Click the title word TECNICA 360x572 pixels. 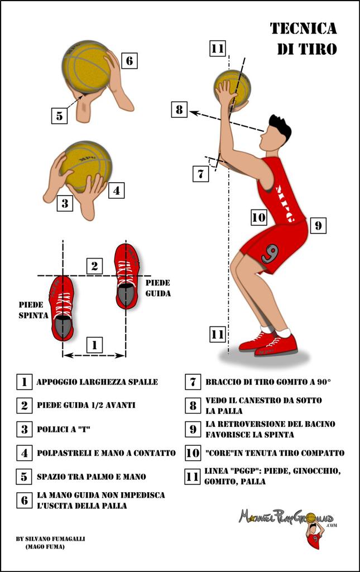click(x=304, y=28)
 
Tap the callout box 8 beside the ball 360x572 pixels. click(x=179, y=109)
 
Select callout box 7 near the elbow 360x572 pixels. click(x=201, y=173)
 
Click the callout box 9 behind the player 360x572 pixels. click(x=318, y=226)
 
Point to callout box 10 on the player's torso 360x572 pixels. click(x=259, y=217)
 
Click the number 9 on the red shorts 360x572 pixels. click(x=270, y=254)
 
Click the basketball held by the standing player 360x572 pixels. click(x=233, y=88)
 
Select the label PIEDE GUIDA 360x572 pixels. click(x=158, y=288)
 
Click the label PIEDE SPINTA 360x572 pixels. click(x=33, y=310)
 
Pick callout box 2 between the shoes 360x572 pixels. click(x=95, y=266)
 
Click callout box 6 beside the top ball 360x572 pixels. click(x=129, y=60)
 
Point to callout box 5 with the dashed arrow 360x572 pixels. click(x=59, y=116)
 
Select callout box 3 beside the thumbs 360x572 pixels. click(x=65, y=203)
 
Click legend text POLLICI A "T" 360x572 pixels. click(x=64, y=429)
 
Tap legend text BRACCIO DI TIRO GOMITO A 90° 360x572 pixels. click(x=268, y=382)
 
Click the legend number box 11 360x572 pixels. click(x=193, y=476)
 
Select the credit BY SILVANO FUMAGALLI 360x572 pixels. click(x=50, y=538)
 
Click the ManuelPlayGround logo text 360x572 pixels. click(x=286, y=517)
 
